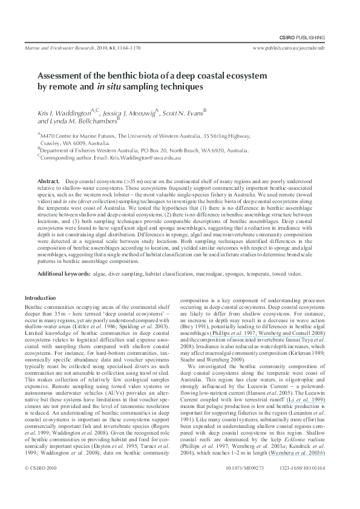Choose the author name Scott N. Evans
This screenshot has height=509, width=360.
pyautogui.click(x=184, y=112)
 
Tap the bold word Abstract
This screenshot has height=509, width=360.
pyautogui.click(x=48, y=181)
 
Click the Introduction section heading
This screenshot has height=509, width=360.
pyautogui.click(x=40, y=298)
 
